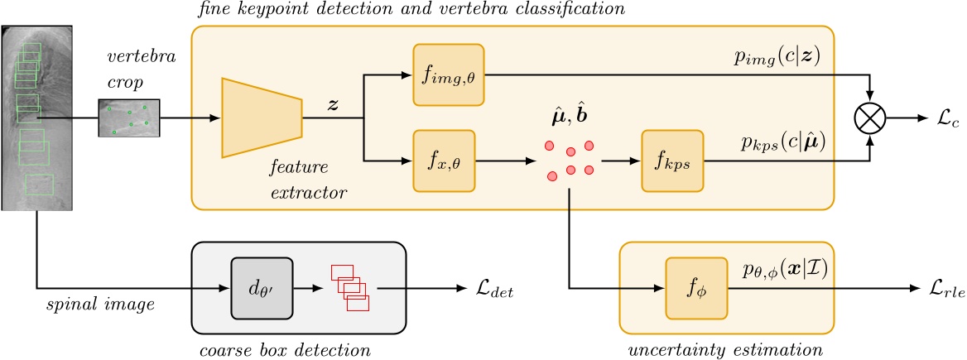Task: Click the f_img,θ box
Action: tap(448, 75)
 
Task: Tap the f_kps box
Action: tap(671, 161)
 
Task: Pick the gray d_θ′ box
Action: tap(263, 289)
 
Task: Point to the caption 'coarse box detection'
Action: tap(285, 349)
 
